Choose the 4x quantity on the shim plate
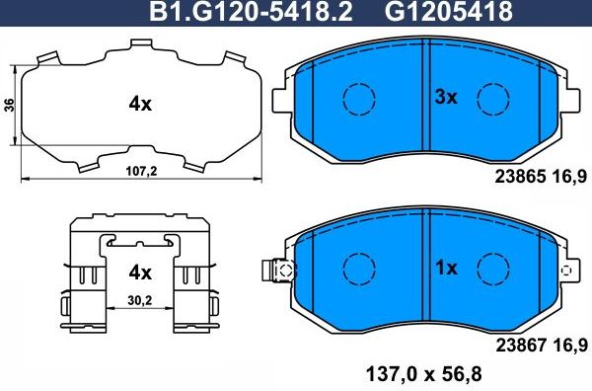(138, 103)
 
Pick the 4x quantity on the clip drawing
(138, 272)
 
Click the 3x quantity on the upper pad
(447, 97)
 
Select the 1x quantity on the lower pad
(447, 268)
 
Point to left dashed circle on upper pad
(358, 98)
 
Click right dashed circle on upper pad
(492, 98)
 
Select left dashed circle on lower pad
(358, 268)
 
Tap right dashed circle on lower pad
(492, 268)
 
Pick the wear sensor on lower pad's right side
(566, 269)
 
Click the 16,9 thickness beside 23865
(568, 176)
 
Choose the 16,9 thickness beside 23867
(568, 345)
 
